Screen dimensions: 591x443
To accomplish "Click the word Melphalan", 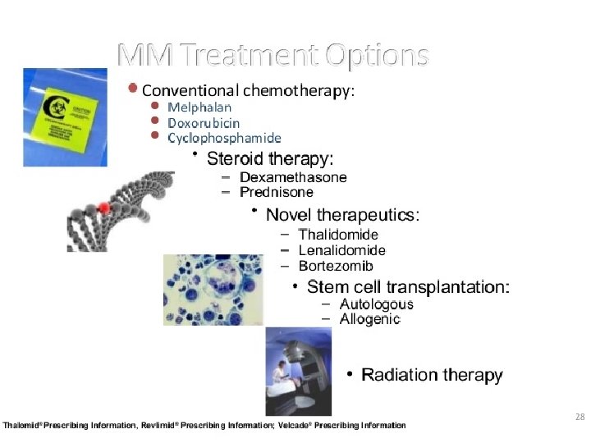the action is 199,107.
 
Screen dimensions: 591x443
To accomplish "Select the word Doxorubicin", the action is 204,123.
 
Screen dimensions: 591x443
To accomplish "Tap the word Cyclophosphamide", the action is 224,139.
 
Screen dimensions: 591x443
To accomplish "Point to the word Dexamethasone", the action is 293,177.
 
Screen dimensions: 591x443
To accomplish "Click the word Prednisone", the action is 277,192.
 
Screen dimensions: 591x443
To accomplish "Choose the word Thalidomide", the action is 338,235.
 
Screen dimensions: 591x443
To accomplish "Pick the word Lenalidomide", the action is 341,250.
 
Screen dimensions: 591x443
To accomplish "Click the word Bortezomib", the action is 336,266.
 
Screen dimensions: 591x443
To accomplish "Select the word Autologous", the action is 376,304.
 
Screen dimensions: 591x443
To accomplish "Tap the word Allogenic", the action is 369,319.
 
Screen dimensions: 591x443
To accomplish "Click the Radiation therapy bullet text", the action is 432,375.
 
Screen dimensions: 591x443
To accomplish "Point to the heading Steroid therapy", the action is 270,158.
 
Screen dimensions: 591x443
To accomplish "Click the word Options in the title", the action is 377,56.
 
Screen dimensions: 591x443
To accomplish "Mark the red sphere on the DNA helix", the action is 103,208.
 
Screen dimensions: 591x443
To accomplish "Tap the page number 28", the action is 580,417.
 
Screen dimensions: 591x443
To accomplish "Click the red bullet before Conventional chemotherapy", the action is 132,88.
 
